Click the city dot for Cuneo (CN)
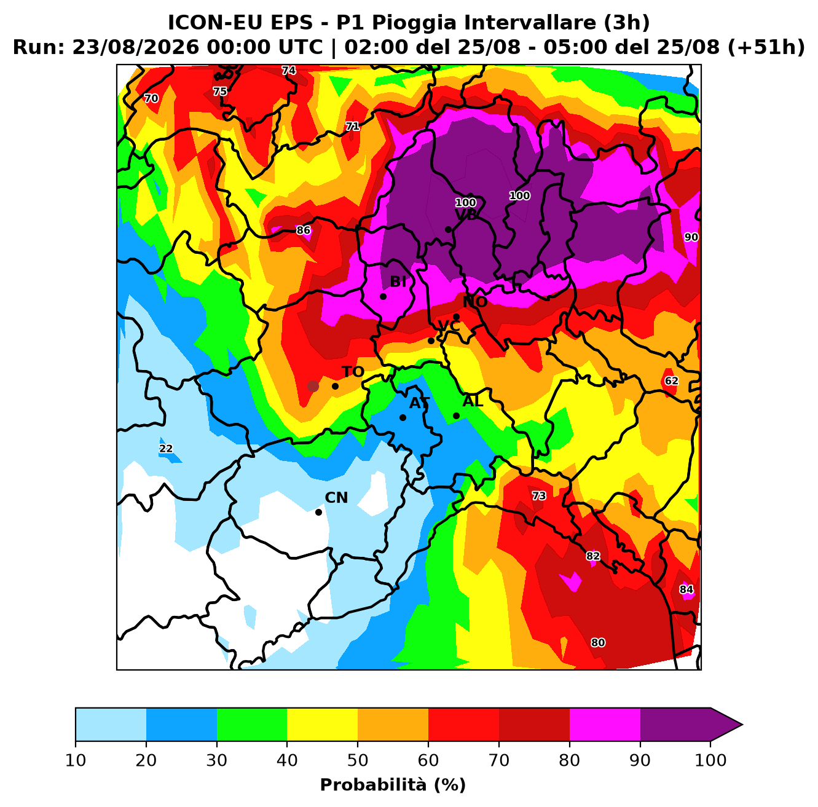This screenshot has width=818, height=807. click(x=318, y=512)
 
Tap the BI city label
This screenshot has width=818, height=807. click(x=398, y=281)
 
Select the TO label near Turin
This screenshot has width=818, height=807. click(x=353, y=372)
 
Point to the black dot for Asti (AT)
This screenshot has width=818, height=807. click(x=403, y=417)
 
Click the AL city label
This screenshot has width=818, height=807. click(x=473, y=401)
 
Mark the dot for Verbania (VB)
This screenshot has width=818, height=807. click(x=448, y=230)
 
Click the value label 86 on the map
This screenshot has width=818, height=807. click(x=303, y=230)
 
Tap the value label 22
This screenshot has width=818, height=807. click(x=166, y=449)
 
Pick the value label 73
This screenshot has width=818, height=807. click(x=539, y=495)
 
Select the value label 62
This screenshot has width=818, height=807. click(x=671, y=381)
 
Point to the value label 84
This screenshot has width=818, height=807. click(x=686, y=589)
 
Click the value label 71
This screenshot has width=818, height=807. click(x=352, y=126)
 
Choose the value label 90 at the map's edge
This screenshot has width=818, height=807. click(x=691, y=237)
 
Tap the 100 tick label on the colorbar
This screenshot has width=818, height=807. click(x=710, y=760)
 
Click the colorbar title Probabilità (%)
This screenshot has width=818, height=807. click(x=393, y=785)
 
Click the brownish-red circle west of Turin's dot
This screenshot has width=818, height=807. click(x=313, y=386)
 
